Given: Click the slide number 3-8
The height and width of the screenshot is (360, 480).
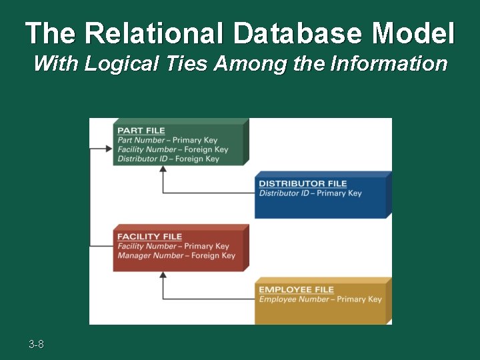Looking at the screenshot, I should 36,345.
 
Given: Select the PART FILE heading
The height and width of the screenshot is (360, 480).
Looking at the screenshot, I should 141,131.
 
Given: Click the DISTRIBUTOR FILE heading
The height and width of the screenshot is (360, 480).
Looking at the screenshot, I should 303,183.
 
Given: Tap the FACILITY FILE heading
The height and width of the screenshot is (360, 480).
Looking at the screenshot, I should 149,237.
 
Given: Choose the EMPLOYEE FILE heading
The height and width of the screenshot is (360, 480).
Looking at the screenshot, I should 296,289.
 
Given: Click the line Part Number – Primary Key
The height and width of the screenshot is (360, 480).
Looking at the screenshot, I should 167,140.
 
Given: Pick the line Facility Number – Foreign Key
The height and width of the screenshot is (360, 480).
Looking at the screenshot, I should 173,149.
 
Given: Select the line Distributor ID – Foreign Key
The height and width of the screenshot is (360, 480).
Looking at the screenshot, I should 168,159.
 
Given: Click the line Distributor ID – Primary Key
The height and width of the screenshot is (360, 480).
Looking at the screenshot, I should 310,193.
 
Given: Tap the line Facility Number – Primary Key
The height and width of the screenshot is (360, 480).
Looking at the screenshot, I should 173,246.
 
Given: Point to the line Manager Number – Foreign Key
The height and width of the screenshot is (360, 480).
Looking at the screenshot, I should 176,255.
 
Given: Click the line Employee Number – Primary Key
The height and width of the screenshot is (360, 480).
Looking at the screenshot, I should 320,299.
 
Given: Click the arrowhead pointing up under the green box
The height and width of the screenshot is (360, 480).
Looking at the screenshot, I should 163,169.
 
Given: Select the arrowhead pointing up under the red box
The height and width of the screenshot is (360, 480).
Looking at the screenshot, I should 163,275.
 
